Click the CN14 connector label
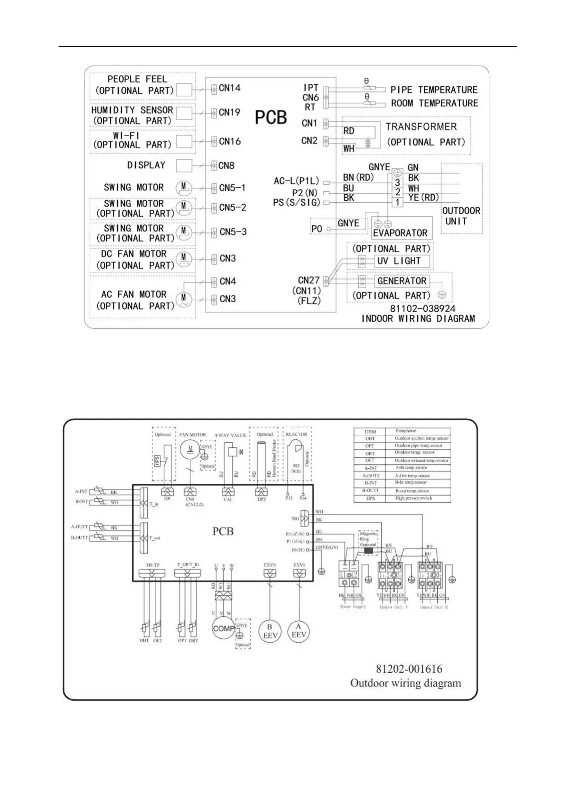pos(229,88)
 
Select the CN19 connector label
pos(229,113)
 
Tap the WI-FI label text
pos(126,135)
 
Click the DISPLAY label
pos(146,165)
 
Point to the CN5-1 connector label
pos(232,188)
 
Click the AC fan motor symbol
pos(184,299)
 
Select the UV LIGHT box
pos(398,261)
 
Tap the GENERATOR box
pos(402,281)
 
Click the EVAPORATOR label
pos(400,233)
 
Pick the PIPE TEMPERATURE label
pos(434,90)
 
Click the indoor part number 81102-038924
pos(422,309)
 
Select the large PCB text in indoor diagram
pos(271,118)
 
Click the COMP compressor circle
pos(223,629)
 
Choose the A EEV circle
pos(299,631)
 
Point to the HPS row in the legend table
pos(402,498)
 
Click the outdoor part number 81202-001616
pos(409,669)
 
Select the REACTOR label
pos(296,434)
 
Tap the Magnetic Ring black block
pos(369,550)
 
